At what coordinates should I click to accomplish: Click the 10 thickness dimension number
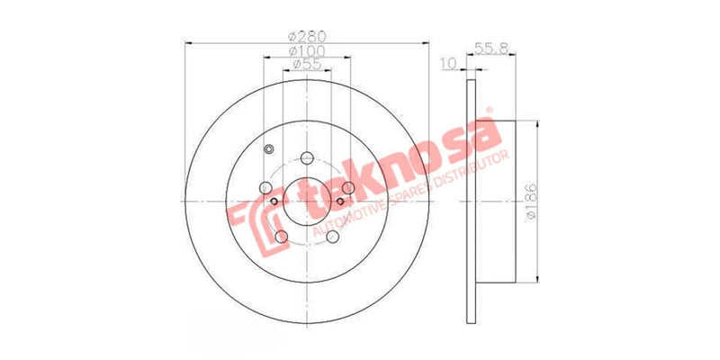point(449,64)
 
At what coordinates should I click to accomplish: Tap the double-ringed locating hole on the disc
point(268,149)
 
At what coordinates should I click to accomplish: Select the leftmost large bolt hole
point(266,187)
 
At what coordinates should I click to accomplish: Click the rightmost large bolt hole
point(347,187)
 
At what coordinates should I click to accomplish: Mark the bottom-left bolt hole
point(281,236)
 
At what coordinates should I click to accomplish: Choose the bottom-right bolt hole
point(332,236)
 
